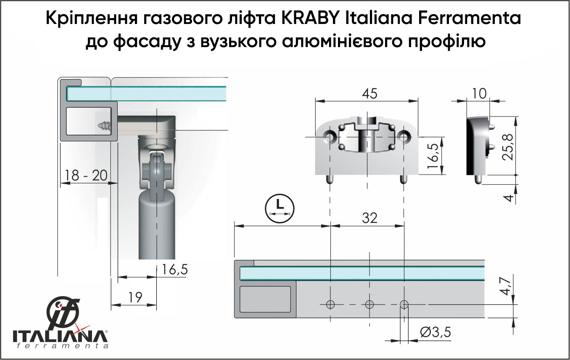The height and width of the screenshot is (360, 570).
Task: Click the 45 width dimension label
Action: coord(369,94)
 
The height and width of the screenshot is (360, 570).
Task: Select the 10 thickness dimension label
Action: coord(479,94)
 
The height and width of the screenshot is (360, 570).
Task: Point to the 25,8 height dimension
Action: coord(508,147)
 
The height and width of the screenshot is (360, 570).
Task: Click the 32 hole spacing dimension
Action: coord(369,218)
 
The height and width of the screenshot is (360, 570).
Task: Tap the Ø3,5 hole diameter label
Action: coord(435,332)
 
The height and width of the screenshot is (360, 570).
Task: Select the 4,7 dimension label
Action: coord(505,286)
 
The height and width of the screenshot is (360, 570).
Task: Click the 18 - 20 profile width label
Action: coord(86,175)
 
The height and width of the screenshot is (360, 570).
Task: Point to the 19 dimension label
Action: coord(135,297)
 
